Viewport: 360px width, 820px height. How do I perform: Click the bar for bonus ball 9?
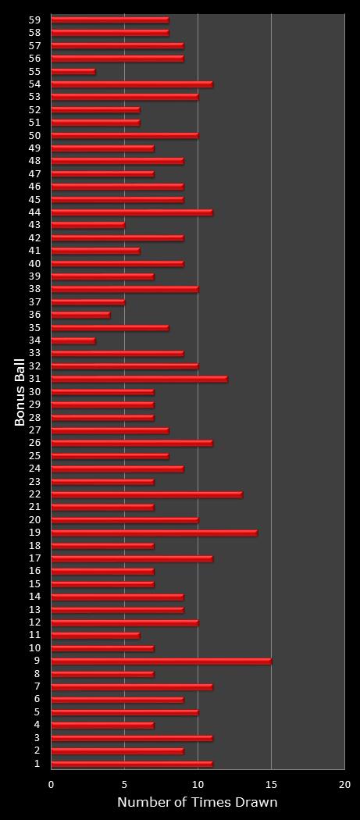[x=161, y=661]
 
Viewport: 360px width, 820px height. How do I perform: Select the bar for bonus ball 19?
[x=154, y=533]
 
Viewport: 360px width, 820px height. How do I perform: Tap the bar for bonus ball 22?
[x=147, y=494]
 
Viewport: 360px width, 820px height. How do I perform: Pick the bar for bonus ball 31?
[x=139, y=379]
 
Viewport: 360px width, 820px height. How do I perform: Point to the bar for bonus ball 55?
[x=73, y=71]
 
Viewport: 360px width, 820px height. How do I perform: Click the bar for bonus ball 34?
[x=73, y=340]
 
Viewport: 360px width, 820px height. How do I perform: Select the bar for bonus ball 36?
[x=80, y=315]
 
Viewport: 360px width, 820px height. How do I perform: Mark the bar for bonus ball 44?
[x=132, y=212]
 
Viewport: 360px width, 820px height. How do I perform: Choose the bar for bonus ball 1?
[x=132, y=764]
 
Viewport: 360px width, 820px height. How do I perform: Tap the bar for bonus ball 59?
[x=110, y=20]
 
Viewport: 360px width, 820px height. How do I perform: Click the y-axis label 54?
[x=34, y=84]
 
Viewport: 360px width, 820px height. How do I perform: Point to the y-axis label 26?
[x=34, y=443]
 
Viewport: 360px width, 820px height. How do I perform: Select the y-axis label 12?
[x=34, y=622]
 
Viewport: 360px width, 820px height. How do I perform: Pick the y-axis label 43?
[x=34, y=225]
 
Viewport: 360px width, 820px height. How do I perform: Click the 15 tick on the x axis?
[x=271, y=784]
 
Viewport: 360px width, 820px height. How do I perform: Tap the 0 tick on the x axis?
[x=52, y=784]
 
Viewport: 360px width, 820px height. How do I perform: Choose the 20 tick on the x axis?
[x=344, y=784]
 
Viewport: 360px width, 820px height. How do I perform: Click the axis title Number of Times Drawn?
[x=197, y=803]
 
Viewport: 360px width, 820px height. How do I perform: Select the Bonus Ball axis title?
[x=20, y=392]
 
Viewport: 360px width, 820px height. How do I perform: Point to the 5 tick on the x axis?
[x=124, y=784]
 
